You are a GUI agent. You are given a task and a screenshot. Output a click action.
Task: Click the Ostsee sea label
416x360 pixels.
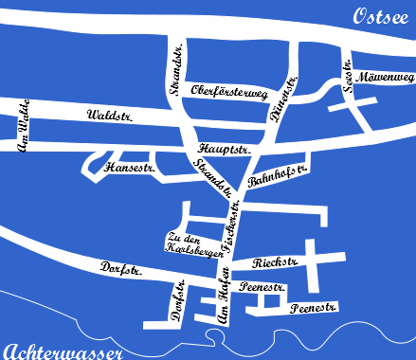pos(381,17)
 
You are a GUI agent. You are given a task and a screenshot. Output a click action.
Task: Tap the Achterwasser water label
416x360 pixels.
pos(63,351)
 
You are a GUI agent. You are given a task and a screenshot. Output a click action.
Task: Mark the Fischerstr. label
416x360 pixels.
pos(229,220)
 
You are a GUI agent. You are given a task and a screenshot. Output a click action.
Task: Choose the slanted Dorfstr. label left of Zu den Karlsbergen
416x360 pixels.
pos(122,270)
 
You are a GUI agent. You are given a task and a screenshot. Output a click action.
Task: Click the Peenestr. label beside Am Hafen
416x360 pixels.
pos(264,285)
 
